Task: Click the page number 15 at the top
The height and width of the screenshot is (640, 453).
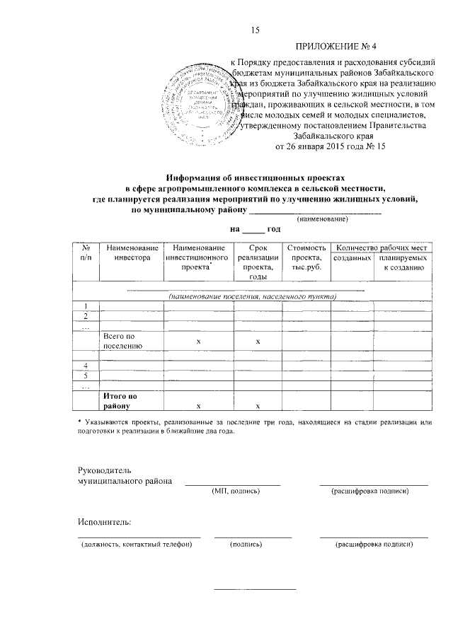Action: coord(256,29)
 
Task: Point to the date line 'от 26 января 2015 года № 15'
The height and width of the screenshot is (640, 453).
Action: coord(329,147)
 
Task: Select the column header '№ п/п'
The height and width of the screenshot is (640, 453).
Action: coord(85,253)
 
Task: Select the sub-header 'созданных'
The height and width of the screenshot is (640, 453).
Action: coord(352,260)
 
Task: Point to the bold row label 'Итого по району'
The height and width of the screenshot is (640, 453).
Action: coord(120,402)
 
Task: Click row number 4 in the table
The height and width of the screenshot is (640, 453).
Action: coord(86,365)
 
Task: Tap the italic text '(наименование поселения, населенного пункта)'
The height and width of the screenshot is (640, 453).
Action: coord(253,296)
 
